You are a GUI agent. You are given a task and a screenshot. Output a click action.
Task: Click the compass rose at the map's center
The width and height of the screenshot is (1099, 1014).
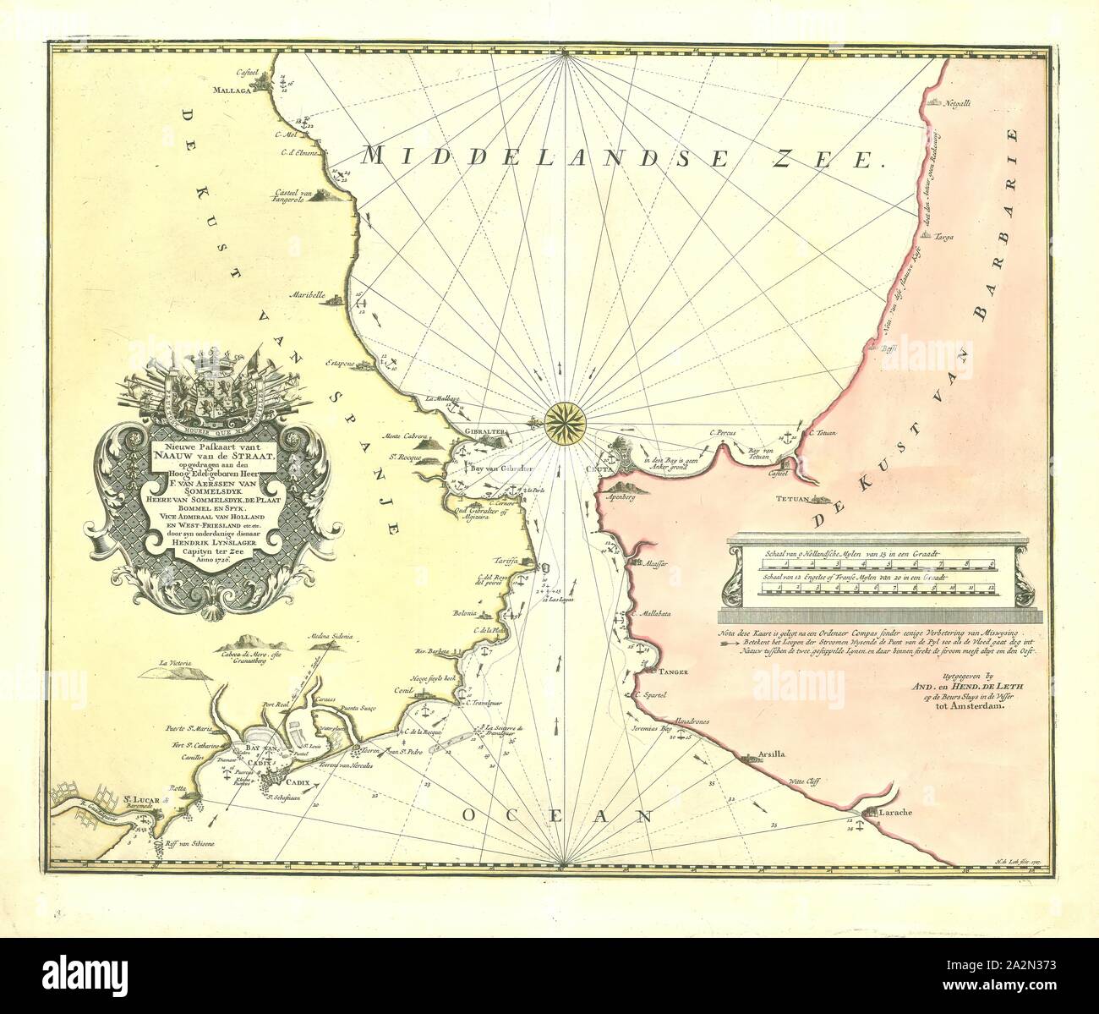pos(560,418)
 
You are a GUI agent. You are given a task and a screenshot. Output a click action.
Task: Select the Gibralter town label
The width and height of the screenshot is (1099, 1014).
pos(482,430)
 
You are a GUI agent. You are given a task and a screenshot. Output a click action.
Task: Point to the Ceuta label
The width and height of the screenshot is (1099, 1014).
pos(595,463)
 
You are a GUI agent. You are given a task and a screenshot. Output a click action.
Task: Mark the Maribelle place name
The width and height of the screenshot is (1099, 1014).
pos(307,296)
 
